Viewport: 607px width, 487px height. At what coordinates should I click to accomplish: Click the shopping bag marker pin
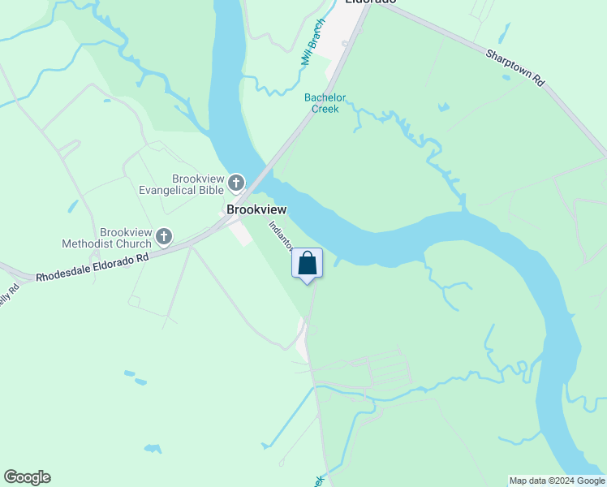[x=308, y=265]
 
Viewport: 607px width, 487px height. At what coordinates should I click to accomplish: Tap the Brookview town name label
[x=256, y=209]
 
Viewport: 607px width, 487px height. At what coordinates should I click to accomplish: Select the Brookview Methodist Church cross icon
[x=164, y=237]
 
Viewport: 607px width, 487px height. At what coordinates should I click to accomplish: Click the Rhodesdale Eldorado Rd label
[x=93, y=269]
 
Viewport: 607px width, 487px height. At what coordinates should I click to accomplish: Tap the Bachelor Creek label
[x=325, y=103]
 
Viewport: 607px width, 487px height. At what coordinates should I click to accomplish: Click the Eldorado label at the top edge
[x=370, y=2]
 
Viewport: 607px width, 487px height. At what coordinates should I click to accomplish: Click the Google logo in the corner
[x=27, y=477]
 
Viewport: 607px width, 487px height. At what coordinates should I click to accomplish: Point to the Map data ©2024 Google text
[x=557, y=481]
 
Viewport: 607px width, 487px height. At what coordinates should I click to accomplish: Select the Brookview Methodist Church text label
[x=107, y=237]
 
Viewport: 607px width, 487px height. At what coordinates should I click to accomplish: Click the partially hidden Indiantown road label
[x=279, y=235]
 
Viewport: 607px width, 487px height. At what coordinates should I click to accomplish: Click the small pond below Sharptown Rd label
[x=443, y=106]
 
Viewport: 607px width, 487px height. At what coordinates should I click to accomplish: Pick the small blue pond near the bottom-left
[x=152, y=448]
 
